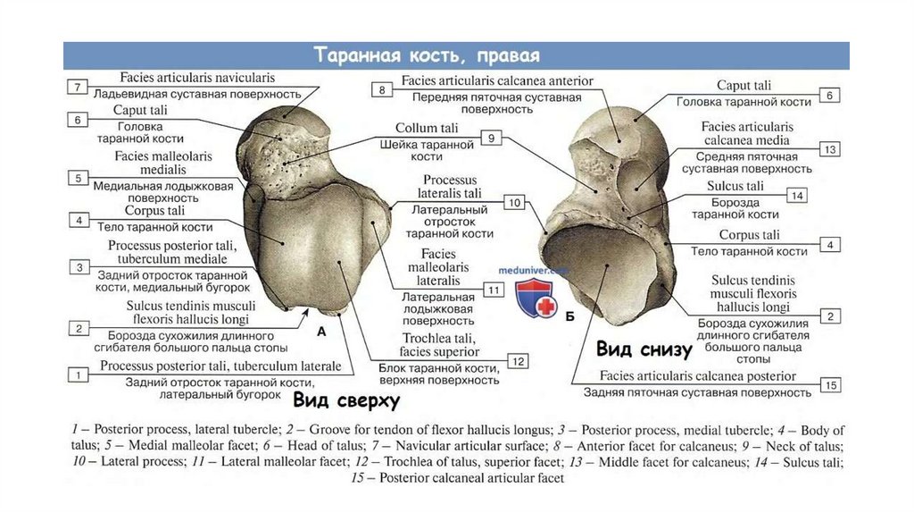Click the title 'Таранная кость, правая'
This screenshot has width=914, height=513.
(427, 55)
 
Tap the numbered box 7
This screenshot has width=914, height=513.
(79, 87)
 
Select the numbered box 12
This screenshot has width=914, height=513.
(517, 361)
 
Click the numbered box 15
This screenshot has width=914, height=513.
(830, 385)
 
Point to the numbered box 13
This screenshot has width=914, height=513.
(829, 149)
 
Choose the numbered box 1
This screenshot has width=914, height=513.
(79, 374)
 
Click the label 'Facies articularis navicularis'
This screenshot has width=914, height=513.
(185, 79)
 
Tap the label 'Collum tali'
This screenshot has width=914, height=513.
(428, 129)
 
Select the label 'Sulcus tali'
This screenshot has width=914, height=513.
(735, 187)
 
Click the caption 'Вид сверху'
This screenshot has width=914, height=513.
(346, 401)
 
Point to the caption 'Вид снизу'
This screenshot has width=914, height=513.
(644, 348)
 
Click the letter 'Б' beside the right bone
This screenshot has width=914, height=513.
(570, 315)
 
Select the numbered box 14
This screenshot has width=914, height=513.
(796, 195)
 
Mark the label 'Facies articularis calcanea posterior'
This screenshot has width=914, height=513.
(697, 376)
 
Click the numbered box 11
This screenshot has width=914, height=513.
(492, 290)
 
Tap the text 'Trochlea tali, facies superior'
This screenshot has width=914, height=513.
(451, 345)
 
